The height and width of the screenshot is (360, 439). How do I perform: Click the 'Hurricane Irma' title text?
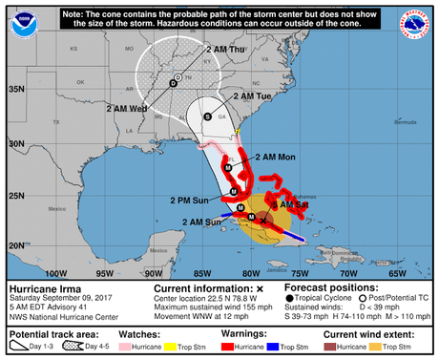coord(44,287)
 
